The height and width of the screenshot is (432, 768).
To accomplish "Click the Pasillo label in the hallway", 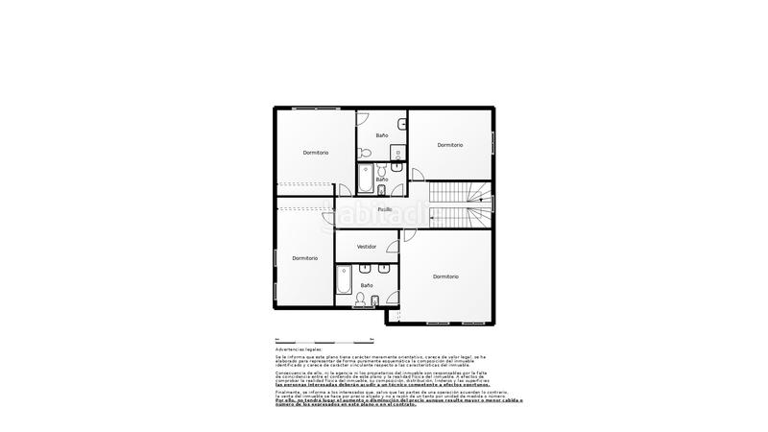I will coord(384,209).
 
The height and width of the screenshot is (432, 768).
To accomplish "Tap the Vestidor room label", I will coord(367,247).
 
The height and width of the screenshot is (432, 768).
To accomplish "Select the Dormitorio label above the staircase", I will coord(450,145).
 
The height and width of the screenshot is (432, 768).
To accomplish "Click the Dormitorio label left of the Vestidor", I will coord(305,257).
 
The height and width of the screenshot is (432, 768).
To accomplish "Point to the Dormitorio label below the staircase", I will coord(445,276).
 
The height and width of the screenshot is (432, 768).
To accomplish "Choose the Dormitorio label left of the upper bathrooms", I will coord(316,153).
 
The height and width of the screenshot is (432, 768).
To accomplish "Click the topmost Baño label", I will coord(382,135).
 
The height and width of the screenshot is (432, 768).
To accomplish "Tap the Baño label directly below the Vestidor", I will coord(367,285).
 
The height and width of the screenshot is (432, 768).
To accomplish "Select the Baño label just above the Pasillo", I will coord(382,180).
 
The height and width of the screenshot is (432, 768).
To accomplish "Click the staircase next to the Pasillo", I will coord(461,204).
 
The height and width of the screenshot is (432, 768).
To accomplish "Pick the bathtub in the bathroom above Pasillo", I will coord(366,180).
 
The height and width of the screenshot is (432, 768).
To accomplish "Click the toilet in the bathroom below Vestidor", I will coord(362,300).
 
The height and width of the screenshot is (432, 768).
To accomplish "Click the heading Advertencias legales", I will coord(299,349).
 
